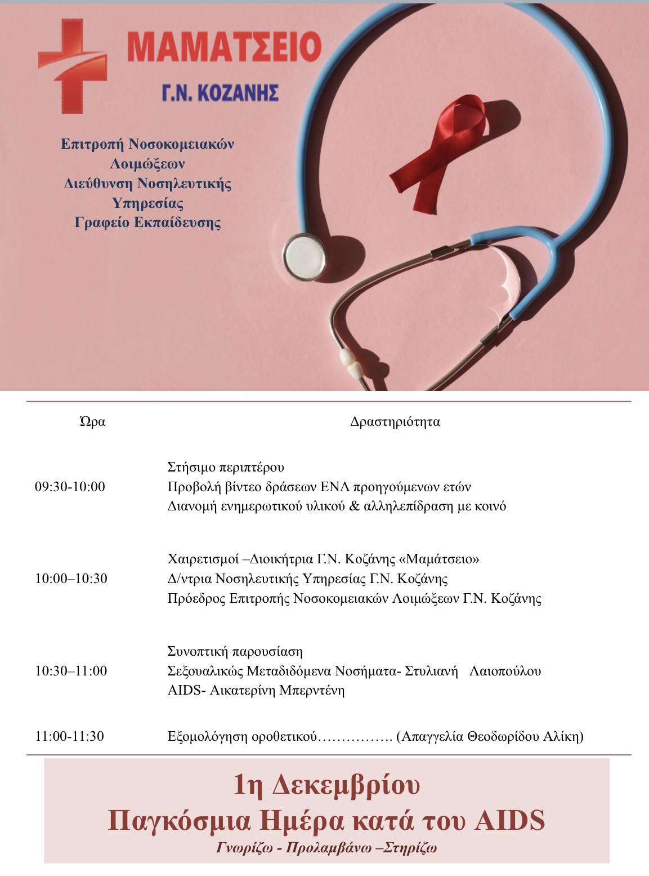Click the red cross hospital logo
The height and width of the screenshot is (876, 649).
point(72,65)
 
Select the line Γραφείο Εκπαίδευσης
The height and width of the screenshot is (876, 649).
point(147,223)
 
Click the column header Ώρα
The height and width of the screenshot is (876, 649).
point(93,421)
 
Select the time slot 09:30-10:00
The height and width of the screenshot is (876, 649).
point(70,487)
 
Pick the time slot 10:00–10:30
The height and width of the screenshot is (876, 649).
point(71,579)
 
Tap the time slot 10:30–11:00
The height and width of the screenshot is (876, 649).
point(71,671)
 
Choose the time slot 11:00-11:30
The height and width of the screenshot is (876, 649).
point(69,736)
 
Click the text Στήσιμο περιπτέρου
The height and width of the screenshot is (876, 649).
point(226,467)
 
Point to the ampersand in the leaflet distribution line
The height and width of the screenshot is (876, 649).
point(355,506)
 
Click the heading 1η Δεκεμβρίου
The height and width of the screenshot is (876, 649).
point(326,785)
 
